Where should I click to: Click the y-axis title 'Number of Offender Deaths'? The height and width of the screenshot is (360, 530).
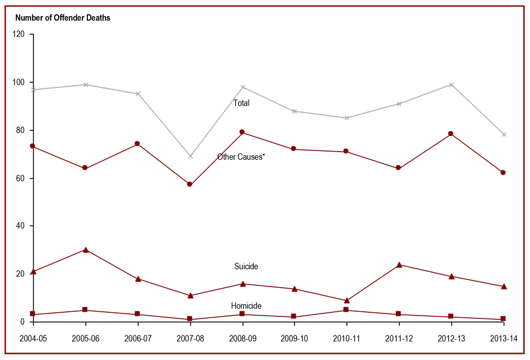(x=63, y=18)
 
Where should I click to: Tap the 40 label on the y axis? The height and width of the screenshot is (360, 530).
(x=21, y=226)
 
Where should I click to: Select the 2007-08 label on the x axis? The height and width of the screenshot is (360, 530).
(x=189, y=338)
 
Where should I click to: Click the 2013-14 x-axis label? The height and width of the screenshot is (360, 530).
(x=503, y=338)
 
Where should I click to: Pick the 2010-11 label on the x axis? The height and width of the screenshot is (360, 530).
(x=346, y=338)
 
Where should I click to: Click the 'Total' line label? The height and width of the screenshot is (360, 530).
(x=241, y=103)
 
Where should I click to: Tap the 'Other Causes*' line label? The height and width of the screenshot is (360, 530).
(x=241, y=157)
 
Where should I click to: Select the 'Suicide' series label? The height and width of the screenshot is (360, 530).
(x=246, y=266)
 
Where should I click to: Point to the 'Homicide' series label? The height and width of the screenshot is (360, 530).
(x=246, y=306)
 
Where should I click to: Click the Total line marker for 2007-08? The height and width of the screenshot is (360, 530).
(x=190, y=156)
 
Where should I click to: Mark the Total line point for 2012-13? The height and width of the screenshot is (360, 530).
(x=451, y=84)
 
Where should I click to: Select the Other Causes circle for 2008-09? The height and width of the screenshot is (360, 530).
(x=242, y=132)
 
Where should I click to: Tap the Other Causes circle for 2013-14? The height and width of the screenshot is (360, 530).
(x=503, y=172)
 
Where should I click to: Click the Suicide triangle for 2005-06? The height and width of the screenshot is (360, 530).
(x=85, y=250)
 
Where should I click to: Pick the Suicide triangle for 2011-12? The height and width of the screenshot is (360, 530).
(x=399, y=265)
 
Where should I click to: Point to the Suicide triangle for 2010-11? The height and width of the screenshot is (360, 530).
(x=347, y=300)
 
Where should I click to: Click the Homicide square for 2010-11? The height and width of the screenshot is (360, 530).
(x=347, y=310)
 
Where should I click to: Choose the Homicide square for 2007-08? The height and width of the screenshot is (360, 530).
(x=190, y=319)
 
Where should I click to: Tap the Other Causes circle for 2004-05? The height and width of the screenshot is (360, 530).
(x=33, y=146)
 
